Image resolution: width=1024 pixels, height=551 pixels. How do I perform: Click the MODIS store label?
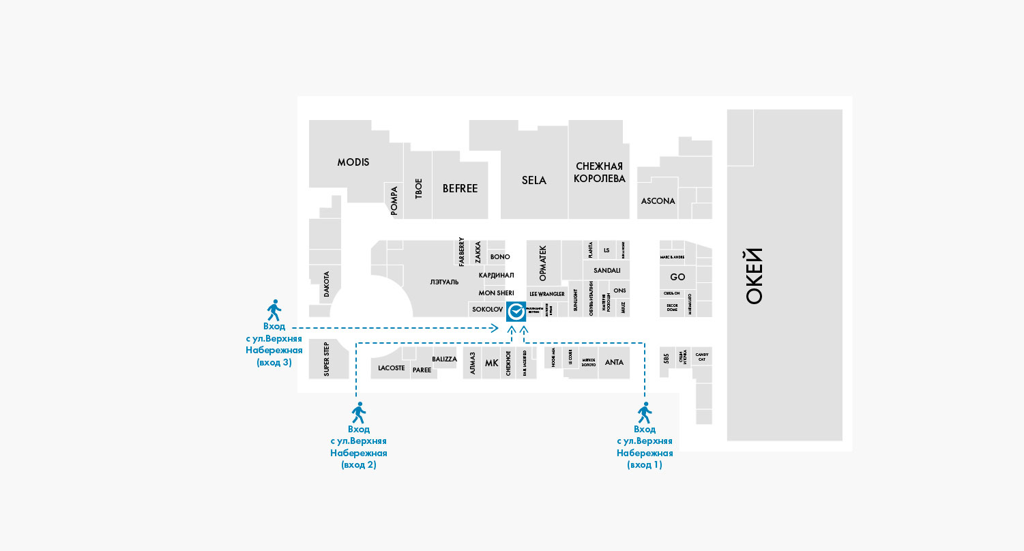353,162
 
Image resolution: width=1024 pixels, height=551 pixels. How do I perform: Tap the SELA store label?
534,180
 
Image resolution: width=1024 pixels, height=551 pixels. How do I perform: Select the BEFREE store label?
460,188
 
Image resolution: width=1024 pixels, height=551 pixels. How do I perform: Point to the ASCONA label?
658,201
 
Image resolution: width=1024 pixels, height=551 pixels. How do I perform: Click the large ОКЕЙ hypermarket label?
753,276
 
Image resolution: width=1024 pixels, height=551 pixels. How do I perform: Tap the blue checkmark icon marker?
516,312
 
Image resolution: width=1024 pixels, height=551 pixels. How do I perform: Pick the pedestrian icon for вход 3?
274,310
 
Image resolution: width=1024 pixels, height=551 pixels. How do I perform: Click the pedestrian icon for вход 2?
358,413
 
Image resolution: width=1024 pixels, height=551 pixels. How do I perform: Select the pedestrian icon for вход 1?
644,413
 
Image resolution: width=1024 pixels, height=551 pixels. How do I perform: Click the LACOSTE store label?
392,368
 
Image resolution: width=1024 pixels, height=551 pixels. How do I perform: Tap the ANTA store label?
614,362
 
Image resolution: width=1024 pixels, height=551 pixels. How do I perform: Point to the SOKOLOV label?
487,310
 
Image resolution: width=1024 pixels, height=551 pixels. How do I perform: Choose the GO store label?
677,277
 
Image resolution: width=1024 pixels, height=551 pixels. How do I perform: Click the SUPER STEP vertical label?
326,359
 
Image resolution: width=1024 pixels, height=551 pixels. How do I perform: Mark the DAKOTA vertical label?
326,284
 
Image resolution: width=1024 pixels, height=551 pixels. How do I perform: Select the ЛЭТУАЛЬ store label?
445,282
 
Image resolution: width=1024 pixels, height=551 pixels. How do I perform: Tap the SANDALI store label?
606,270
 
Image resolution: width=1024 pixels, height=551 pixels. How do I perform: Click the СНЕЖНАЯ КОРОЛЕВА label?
599,173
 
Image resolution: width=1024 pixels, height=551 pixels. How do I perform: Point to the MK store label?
491,363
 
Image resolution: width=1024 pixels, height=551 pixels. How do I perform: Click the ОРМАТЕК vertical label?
543,263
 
